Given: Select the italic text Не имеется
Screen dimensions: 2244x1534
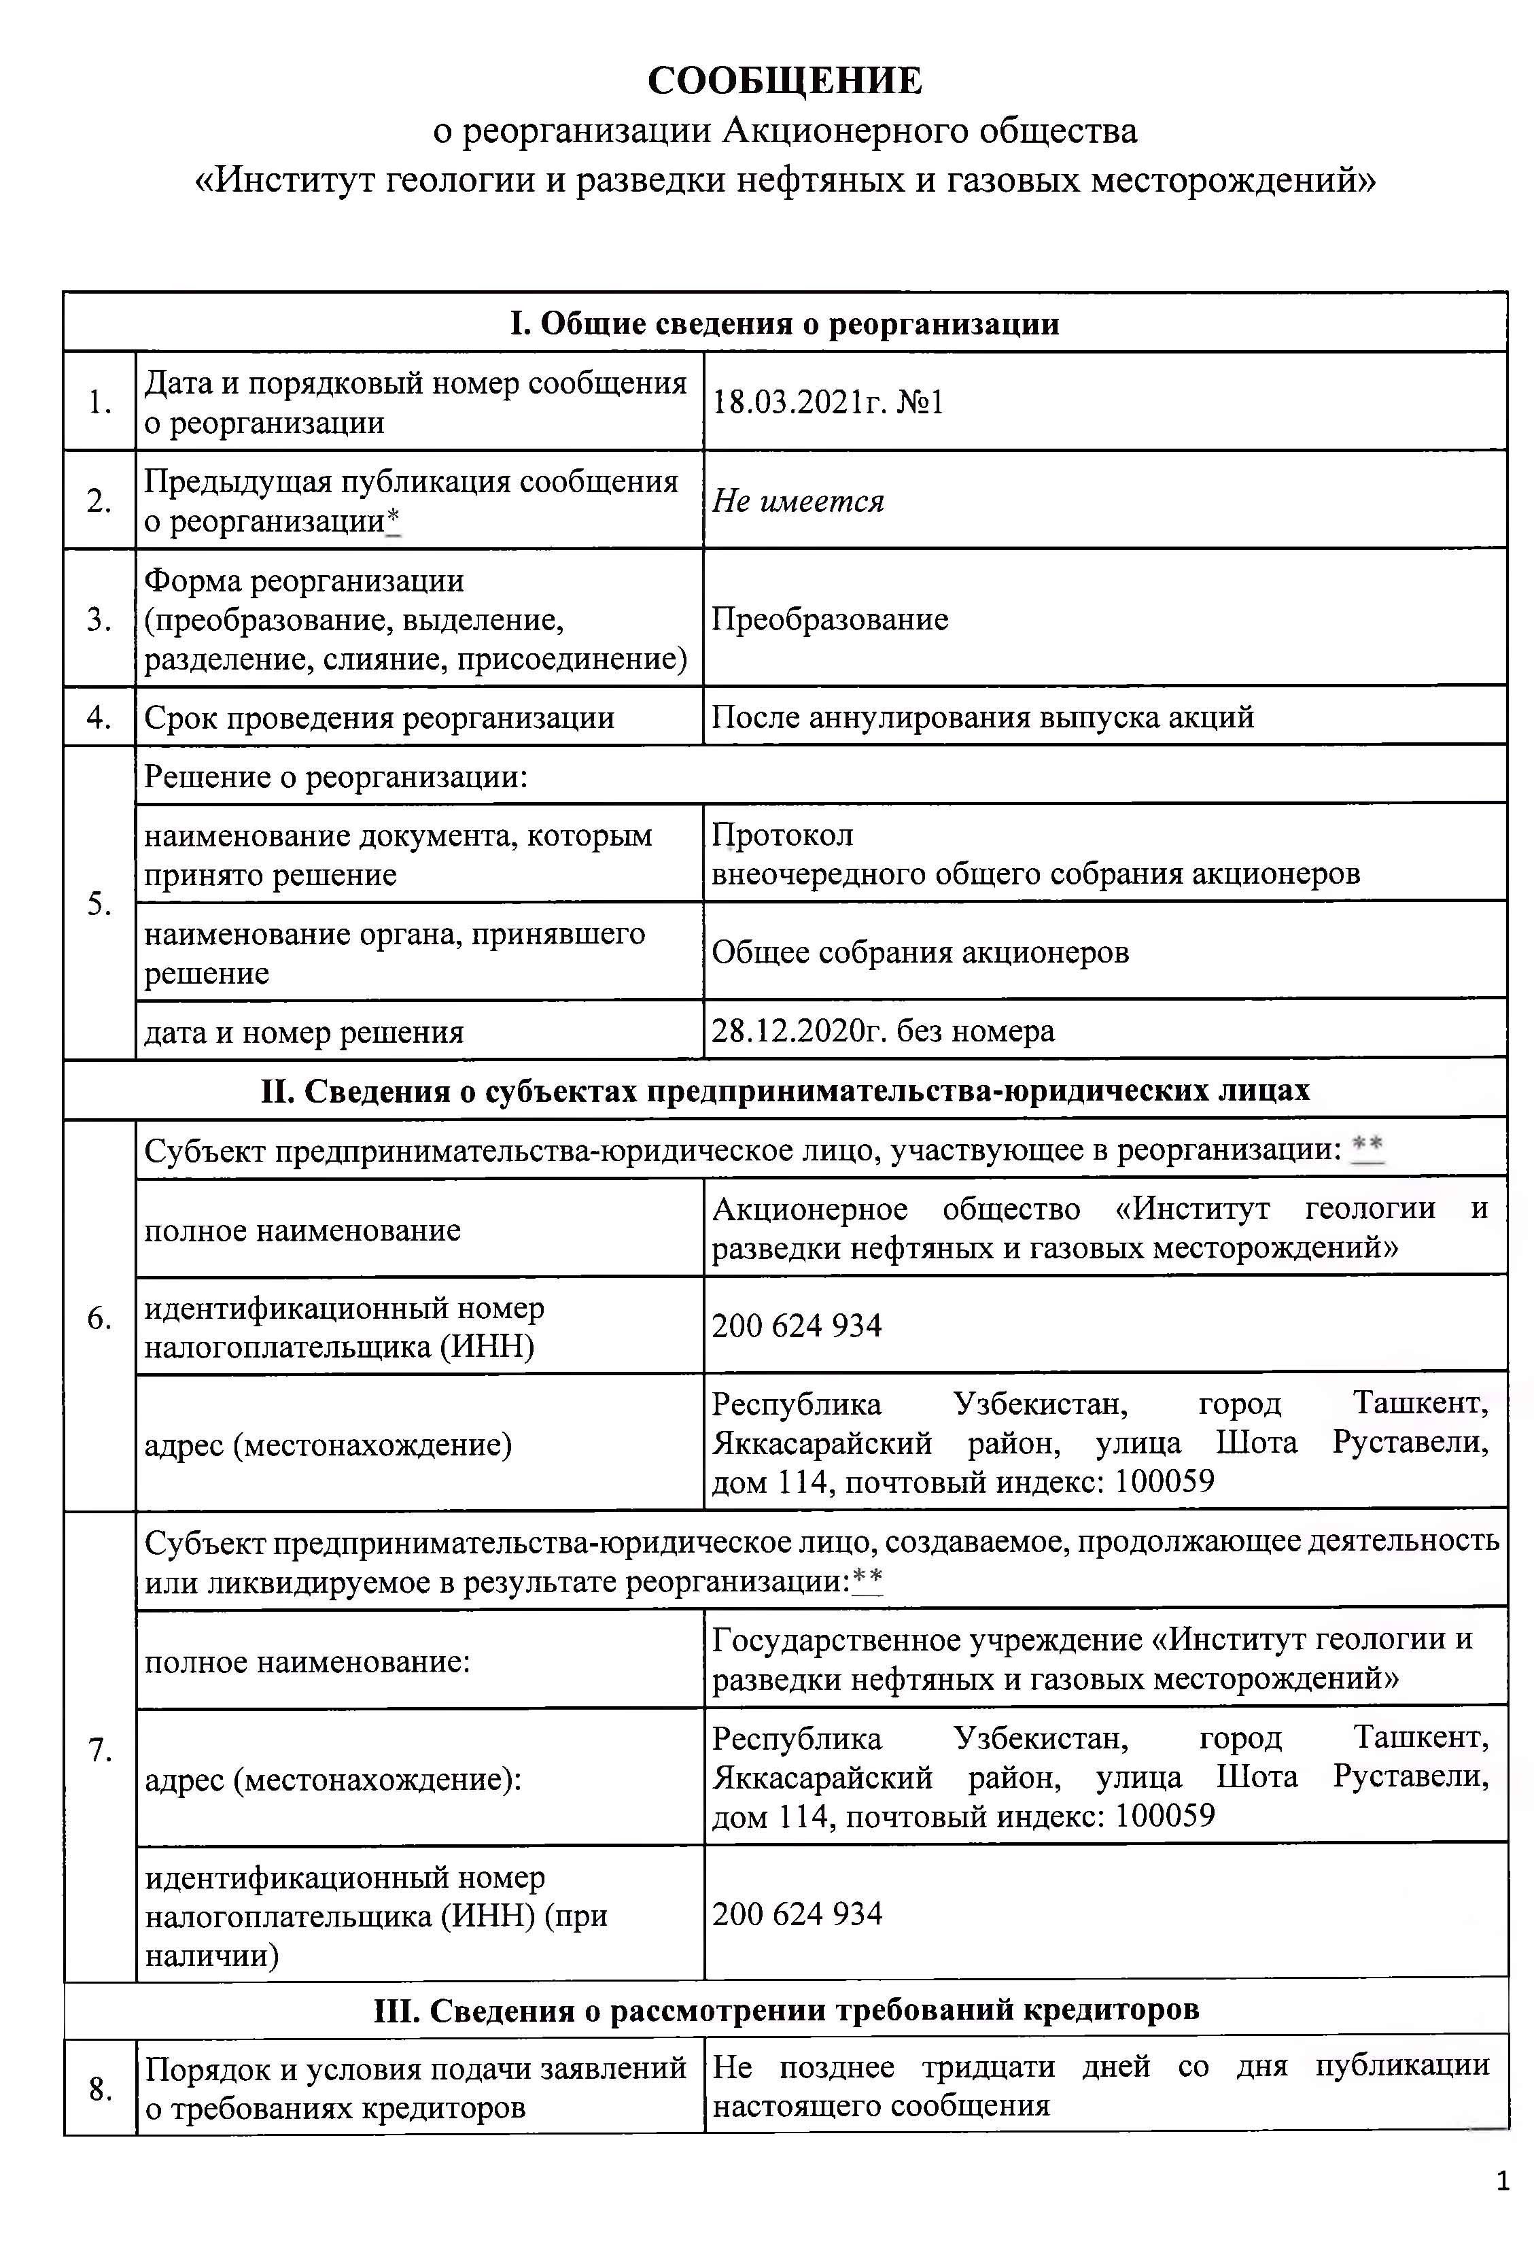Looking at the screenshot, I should tap(797, 501).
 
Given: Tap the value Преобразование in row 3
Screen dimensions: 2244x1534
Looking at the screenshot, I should tap(829, 619).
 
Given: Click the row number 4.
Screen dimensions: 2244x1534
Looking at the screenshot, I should tap(99, 717).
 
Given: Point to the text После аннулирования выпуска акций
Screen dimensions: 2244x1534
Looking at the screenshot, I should tap(982, 717).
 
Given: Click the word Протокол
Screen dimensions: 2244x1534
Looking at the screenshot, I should tap(782, 834).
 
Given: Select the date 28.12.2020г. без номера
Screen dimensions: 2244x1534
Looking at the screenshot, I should tap(882, 1031).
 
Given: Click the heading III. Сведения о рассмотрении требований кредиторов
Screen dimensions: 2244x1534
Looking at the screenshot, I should tap(786, 2009).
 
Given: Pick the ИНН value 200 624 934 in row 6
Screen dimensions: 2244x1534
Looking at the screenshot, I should tap(797, 1325).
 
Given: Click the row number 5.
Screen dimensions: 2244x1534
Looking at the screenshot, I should tap(99, 903).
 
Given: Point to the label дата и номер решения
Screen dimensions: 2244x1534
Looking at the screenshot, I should tap(303, 1032).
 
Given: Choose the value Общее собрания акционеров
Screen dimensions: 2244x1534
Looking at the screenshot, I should tap(919, 952).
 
